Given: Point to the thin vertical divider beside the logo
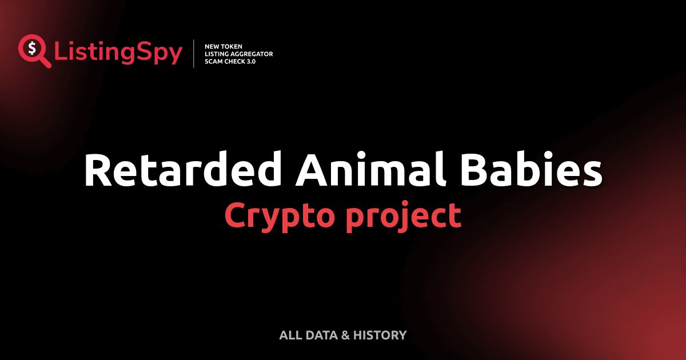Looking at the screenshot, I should [194, 54].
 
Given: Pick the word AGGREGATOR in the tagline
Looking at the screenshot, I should [252, 54].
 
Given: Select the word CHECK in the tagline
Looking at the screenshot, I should [237, 61].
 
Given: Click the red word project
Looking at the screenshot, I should [403, 216].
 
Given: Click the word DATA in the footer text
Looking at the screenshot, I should [321, 335].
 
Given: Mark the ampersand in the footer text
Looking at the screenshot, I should [345, 335].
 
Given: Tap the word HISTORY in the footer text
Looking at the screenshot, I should [380, 335].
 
